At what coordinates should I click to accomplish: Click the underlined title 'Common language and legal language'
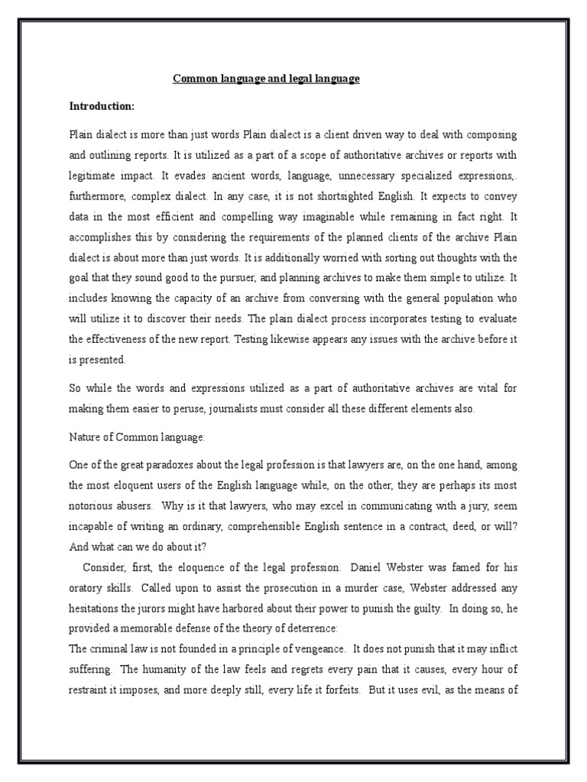point(266,79)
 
